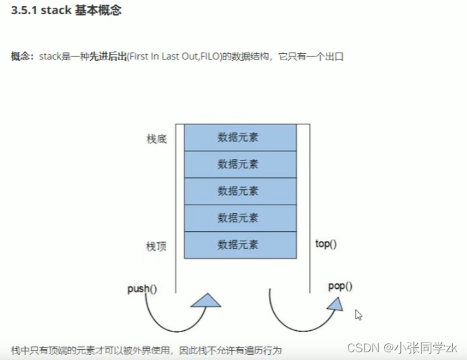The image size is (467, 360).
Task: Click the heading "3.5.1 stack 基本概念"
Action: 67,11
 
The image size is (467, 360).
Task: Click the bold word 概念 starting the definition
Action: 22,56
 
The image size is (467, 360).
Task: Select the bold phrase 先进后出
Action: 108,56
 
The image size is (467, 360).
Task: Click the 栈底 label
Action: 156,139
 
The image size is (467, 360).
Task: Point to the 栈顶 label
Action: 156,246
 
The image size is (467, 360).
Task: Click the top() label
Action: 326,244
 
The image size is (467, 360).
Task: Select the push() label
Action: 142,289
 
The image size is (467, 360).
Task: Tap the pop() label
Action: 340,286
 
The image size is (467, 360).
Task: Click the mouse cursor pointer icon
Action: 358,315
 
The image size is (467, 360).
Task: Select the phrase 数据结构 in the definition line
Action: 242,56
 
